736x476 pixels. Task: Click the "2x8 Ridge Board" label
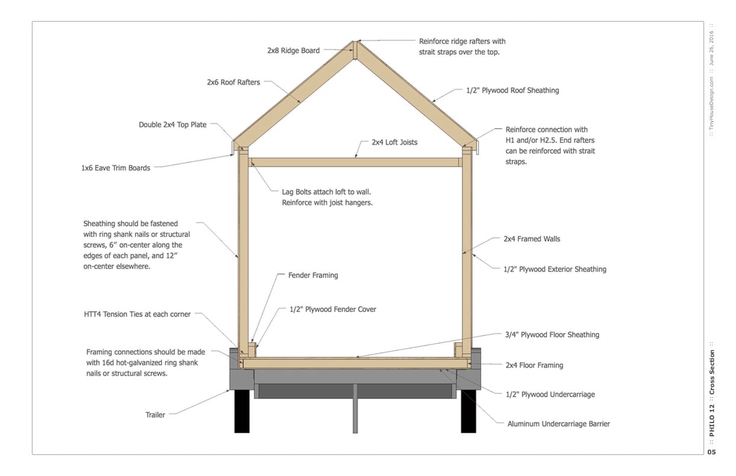pyautogui.click(x=293, y=50)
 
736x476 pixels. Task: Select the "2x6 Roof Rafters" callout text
pyautogui.click(x=233, y=82)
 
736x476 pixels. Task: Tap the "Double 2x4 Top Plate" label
pyautogui.click(x=173, y=125)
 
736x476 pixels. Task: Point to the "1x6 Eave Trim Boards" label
pyautogui.click(x=115, y=168)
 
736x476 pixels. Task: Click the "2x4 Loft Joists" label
pyautogui.click(x=394, y=142)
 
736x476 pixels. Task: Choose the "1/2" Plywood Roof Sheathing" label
pyautogui.click(x=512, y=91)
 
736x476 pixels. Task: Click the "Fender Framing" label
pyautogui.click(x=313, y=275)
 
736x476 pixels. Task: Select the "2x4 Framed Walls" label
pyautogui.click(x=532, y=239)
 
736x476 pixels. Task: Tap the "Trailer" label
pyautogui.click(x=155, y=415)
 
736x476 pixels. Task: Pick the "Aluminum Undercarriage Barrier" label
pyautogui.click(x=559, y=424)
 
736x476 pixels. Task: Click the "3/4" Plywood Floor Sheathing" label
pyautogui.click(x=551, y=335)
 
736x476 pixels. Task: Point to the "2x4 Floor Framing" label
pyautogui.click(x=534, y=365)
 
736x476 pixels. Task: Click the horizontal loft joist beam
pyautogui.click(x=355, y=162)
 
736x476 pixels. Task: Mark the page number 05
pyautogui.click(x=711, y=452)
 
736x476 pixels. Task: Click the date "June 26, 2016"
pyautogui.click(x=711, y=47)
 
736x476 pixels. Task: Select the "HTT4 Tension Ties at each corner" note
pyautogui.click(x=137, y=314)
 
